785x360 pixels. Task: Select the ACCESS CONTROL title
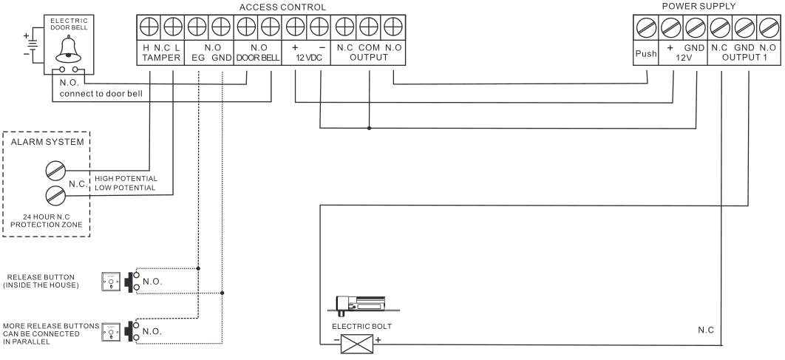283,7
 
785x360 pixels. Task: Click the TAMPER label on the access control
161,57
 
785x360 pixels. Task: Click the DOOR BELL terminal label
256,57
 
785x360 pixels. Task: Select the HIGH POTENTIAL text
126,179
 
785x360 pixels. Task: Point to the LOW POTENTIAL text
124,188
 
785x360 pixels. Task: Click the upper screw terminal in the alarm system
56,169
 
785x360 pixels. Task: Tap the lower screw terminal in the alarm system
56,196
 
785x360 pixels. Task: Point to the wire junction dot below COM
368,127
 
